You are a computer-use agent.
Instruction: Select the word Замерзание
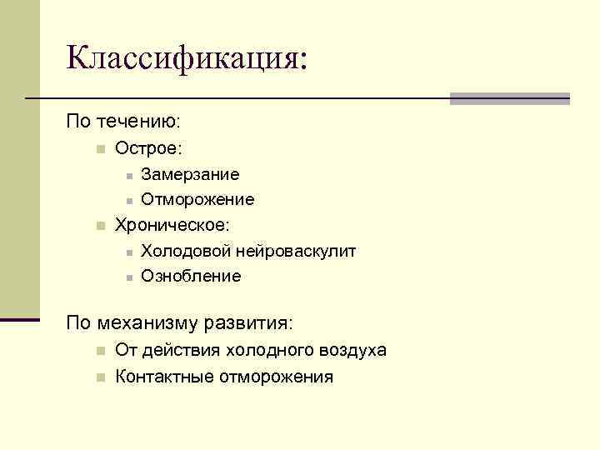click(x=190, y=174)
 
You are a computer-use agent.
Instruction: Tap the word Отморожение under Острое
click(x=197, y=199)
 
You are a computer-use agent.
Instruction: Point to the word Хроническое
click(x=172, y=225)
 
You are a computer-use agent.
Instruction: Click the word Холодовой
click(x=186, y=250)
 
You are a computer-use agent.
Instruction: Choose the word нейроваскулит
click(x=296, y=250)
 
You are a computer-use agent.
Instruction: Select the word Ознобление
click(x=191, y=276)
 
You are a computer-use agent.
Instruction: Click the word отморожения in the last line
click(x=276, y=377)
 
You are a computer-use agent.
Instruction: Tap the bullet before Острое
click(x=99, y=149)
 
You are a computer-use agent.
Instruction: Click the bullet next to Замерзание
click(x=127, y=176)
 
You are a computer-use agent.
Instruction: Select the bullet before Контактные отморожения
click(x=99, y=377)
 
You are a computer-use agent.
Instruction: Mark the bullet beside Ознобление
click(x=127, y=277)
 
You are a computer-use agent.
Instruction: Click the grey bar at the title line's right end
click(x=509, y=98)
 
